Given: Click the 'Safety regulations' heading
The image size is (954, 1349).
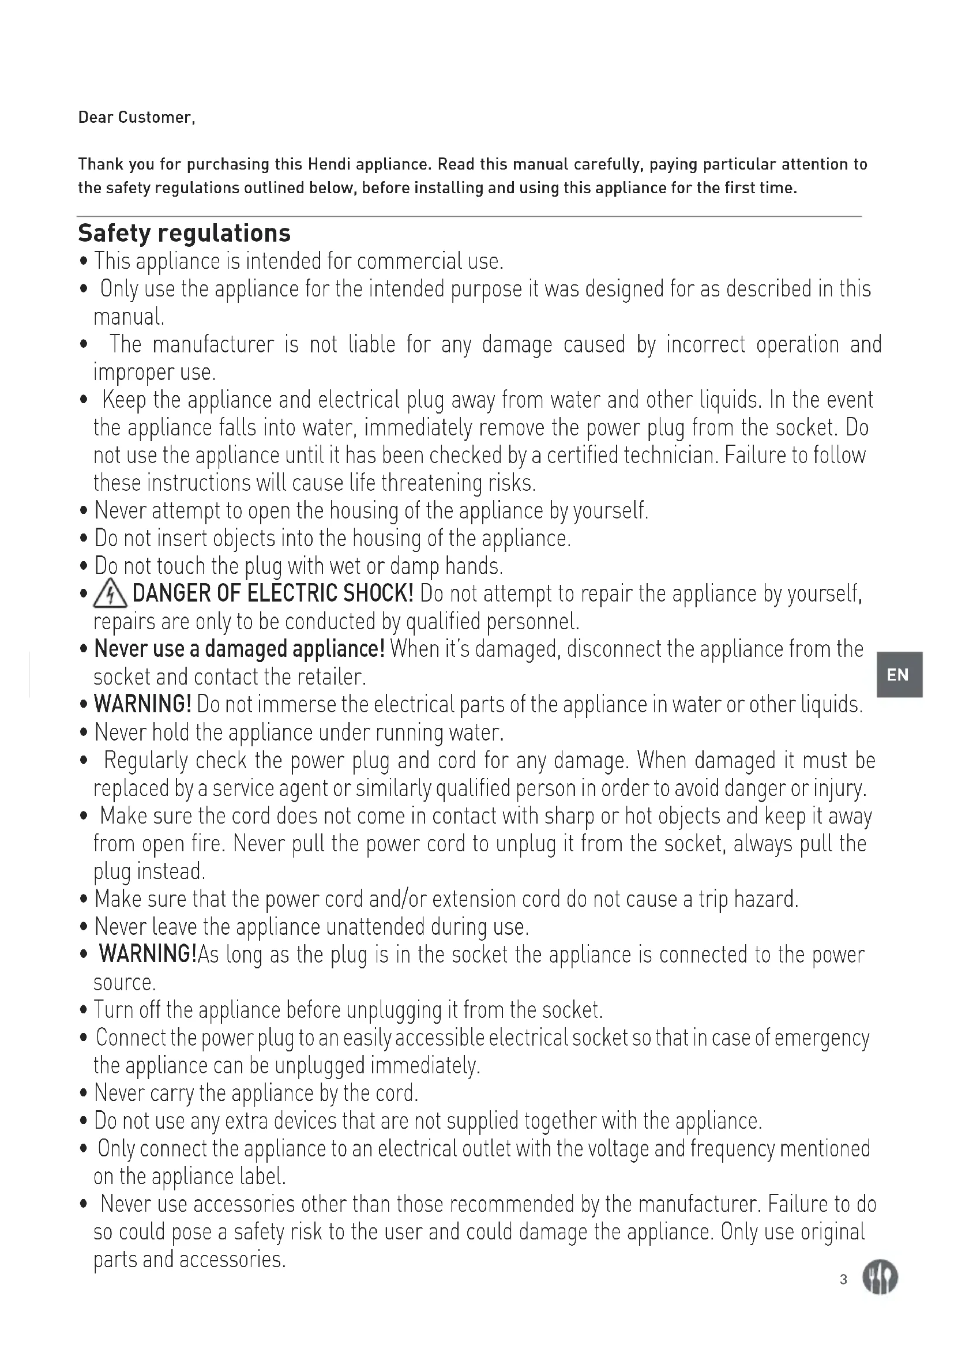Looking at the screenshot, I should (184, 233).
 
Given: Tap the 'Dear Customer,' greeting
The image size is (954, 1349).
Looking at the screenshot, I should (136, 118).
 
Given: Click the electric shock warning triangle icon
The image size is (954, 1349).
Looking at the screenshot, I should (110, 595).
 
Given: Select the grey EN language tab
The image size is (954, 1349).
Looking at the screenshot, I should (899, 675).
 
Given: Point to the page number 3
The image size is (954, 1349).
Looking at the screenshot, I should (844, 1279).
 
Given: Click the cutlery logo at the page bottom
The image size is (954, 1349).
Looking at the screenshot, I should (880, 1279).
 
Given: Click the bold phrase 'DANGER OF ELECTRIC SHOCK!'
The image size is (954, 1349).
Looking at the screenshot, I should (273, 593).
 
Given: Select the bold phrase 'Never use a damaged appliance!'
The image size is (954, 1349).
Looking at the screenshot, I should (239, 649).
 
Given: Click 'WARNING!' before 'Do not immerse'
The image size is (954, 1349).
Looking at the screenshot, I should (142, 704).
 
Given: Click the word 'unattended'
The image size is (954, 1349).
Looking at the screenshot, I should (375, 927).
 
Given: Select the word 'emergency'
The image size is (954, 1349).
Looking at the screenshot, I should (822, 1038).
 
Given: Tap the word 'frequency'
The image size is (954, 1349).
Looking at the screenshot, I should (732, 1149).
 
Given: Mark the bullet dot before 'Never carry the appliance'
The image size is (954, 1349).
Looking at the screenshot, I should (84, 1094).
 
